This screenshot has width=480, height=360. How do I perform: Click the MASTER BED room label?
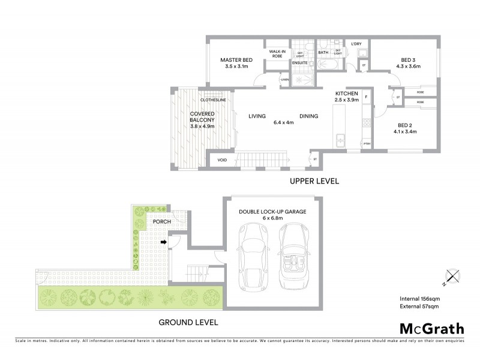pyautogui.click(x=236, y=60)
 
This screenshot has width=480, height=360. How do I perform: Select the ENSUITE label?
pyautogui.click(x=299, y=62)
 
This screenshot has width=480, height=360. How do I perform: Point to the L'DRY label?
pyautogui.click(x=355, y=44)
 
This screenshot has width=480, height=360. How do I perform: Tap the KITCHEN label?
pyautogui.click(x=347, y=94)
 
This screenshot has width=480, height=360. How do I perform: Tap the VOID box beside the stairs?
pyautogui.click(x=222, y=160)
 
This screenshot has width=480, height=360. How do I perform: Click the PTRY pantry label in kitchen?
pyautogui.click(x=366, y=144)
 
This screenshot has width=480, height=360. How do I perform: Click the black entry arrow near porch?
pyautogui.click(x=163, y=242)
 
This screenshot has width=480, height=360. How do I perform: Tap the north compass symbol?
pyautogui.click(x=453, y=277)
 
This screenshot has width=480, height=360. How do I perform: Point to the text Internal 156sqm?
pyautogui.click(x=419, y=298)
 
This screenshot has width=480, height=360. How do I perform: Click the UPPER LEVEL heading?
pyautogui.click(x=314, y=181)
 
